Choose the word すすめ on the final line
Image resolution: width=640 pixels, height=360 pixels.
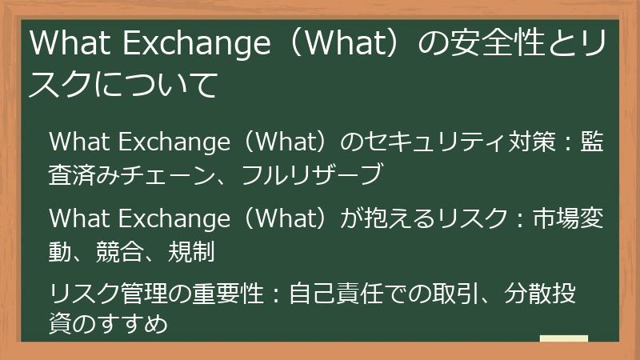[136, 325]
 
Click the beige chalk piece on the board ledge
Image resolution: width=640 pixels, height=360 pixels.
[563, 338]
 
